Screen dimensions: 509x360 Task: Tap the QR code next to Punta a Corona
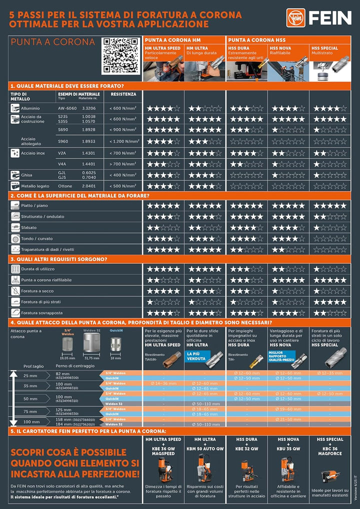pos(120,55)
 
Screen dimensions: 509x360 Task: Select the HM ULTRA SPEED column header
pos(162,48)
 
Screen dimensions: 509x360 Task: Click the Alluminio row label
pos(30,108)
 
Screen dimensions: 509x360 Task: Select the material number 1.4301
pos(88,152)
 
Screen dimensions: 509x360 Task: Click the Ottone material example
pos(65,186)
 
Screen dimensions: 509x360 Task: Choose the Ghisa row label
pos(27,175)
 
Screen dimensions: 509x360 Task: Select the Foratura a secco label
pos(39,291)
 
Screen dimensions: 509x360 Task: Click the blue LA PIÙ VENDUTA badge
pos(196,355)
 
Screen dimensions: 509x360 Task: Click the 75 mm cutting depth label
pos(30,411)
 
